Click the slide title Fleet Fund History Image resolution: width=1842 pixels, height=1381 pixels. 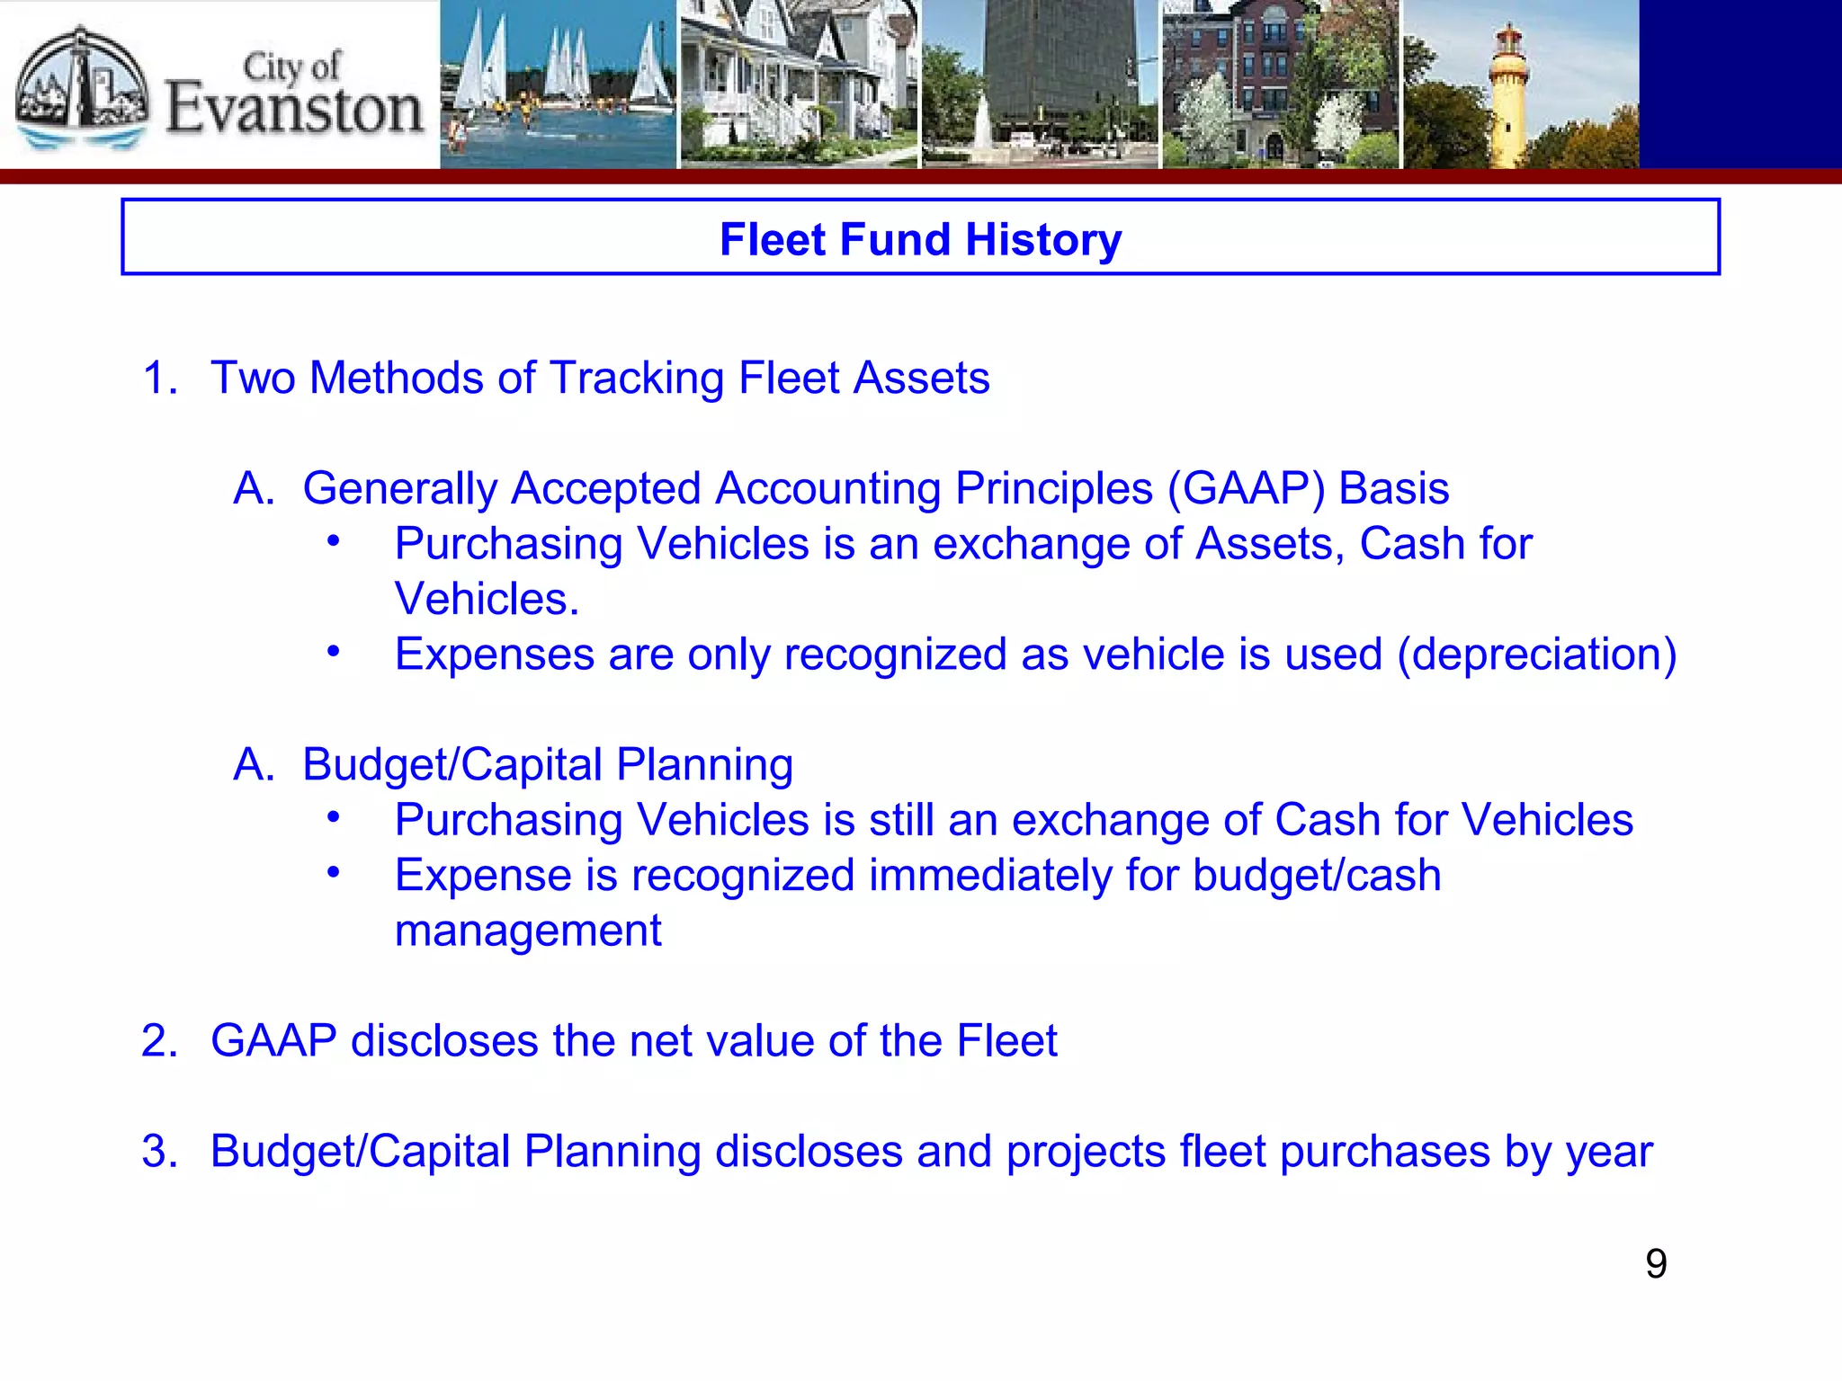(920, 239)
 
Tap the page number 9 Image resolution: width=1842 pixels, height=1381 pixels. (1656, 1264)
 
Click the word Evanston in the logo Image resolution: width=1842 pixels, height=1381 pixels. (294, 109)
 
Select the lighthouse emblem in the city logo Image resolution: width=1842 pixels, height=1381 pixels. (83, 85)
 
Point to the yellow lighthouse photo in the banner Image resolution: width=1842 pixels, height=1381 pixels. (1520, 85)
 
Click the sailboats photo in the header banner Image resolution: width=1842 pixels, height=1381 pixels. (558, 85)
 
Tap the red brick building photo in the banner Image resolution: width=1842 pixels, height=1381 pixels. (1280, 85)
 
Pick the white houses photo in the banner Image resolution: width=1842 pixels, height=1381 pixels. (799, 85)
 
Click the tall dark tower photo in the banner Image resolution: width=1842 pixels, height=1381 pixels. (1040, 85)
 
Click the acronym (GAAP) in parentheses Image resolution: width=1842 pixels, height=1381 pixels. (1246, 489)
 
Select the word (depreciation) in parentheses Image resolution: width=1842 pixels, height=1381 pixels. (1536, 655)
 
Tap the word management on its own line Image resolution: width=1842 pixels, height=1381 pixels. (528, 931)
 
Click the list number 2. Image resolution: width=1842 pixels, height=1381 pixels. (159, 1041)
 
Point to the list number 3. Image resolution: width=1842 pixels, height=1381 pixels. (159, 1152)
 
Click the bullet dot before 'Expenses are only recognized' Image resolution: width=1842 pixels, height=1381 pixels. (334, 651)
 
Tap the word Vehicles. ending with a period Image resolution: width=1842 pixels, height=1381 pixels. (487, 600)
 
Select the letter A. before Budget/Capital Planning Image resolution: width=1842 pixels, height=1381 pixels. (254, 765)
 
